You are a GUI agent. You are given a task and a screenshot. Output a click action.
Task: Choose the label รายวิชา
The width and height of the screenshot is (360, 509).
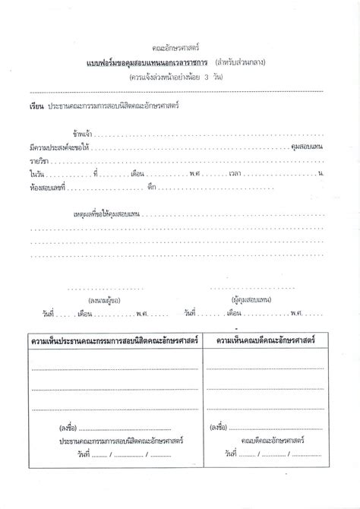pyautogui.click(x=39, y=160)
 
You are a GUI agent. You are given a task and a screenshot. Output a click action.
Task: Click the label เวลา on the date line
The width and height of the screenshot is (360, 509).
pyautogui.click(x=235, y=174)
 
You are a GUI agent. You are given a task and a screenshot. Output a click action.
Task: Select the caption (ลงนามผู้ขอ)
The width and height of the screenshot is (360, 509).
pyautogui.click(x=104, y=301)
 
